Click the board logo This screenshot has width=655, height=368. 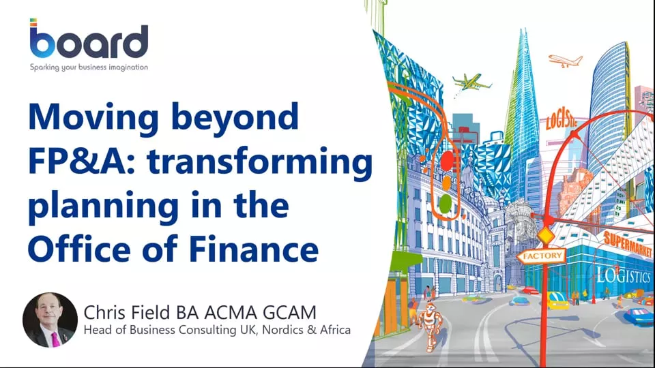tap(89, 38)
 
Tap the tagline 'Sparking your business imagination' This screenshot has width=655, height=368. tap(89, 67)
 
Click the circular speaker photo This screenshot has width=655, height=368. tap(50, 320)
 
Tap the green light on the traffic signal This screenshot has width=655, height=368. tap(446, 204)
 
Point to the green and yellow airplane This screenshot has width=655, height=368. tap(471, 82)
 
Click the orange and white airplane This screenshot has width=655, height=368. tap(565, 61)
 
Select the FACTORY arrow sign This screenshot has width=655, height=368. tap(542, 256)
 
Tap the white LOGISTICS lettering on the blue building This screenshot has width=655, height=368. tap(623, 276)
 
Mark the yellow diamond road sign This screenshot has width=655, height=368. tap(546, 235)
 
